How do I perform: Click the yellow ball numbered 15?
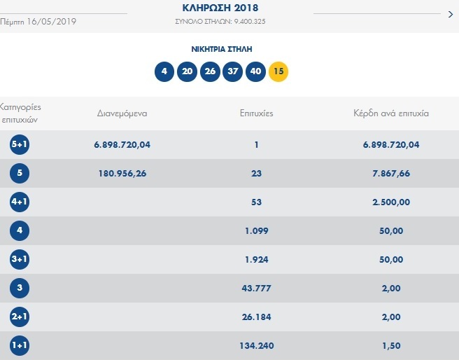(278, 71)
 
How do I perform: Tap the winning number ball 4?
(164, 71)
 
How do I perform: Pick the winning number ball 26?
(209, 71)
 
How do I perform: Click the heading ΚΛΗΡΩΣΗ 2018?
(220, 8)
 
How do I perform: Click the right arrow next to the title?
(450, 13)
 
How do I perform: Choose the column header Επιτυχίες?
(256, 113)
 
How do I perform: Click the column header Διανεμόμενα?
(122, 113)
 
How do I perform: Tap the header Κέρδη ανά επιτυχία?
(391, 113)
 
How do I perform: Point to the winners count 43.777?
(257, 288)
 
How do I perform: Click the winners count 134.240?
(257, 345)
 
